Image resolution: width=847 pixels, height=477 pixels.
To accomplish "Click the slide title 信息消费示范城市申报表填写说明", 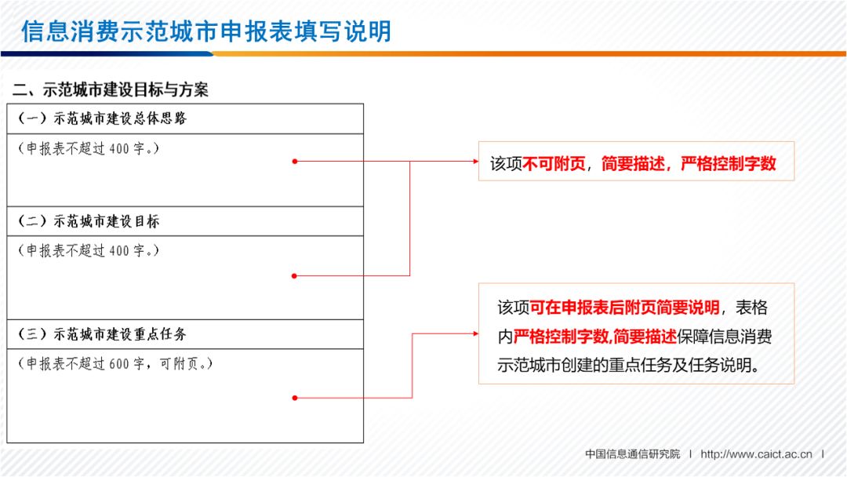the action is pos(205,31).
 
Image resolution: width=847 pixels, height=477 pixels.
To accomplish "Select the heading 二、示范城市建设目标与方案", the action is pos(111,89).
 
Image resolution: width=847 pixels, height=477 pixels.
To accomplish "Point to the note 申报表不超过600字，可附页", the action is pos(115,363).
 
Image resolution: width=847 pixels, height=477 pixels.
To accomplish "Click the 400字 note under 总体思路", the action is pos(88,147).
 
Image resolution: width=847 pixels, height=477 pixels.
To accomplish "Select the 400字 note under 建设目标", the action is pos(88,250).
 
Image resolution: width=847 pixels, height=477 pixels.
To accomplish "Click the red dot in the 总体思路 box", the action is pos(295,162).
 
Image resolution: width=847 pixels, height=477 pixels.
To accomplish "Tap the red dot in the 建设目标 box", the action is pos(295,275).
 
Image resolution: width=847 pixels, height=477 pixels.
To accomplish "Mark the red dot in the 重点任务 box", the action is pos(295,398).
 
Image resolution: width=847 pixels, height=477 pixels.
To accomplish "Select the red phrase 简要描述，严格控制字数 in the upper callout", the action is pos(689,163).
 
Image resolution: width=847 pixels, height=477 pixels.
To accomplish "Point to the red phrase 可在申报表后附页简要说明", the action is pos(624,307).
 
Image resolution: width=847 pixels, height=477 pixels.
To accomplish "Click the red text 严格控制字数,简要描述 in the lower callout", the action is pos(595,337).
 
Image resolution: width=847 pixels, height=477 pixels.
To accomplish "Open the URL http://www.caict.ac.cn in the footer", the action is pos(756,454).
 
